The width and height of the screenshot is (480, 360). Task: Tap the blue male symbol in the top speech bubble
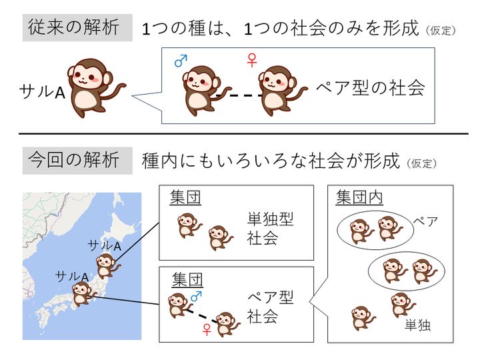tap(180, 61)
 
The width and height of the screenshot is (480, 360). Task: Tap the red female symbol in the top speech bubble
tap(251, 61)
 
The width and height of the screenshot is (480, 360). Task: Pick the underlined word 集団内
tap(359, 198)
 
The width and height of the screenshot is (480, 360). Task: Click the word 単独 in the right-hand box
tap(417, 326)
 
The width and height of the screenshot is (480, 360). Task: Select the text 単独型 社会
tap(270, 229)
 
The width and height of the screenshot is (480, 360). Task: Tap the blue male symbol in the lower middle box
tap(197, 295)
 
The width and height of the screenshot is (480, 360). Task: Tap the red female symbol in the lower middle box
tap(207, 329)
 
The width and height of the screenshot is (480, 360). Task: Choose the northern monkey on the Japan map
tap(105, 265)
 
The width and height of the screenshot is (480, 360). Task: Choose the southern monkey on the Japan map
tap(82, 293)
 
